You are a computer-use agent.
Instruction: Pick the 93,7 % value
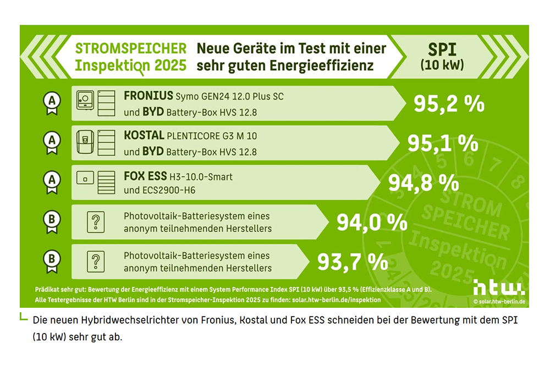353,261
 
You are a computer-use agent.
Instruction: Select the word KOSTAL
144,135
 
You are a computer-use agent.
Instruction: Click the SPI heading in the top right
442,49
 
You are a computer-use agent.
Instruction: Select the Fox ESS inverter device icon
85,179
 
